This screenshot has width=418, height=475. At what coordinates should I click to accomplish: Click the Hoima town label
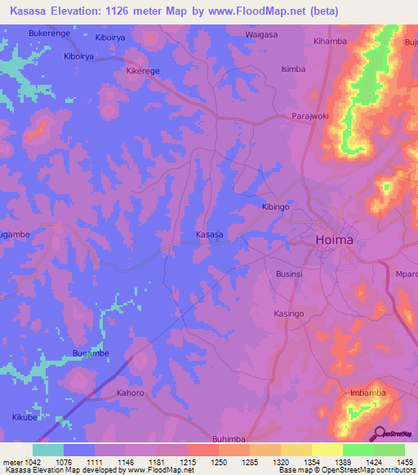click(334, 240)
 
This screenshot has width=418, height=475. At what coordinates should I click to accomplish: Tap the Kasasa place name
click(210, 234)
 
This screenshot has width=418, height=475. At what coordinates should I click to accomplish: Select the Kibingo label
click(275, 207)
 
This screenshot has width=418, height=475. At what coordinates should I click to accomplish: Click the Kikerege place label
click(143, 71)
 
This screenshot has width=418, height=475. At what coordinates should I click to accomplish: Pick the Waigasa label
click(261, 35)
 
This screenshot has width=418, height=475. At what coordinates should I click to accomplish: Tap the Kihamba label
click(330, 41)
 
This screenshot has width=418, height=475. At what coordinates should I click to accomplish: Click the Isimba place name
click(293, 69)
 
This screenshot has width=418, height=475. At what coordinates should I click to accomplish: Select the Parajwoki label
click(310, 117)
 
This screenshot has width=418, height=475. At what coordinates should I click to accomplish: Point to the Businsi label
click(289, 274)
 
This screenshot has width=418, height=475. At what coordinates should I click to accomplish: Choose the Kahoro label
click(130, 393)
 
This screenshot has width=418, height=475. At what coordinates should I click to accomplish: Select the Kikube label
click(26, 417)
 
